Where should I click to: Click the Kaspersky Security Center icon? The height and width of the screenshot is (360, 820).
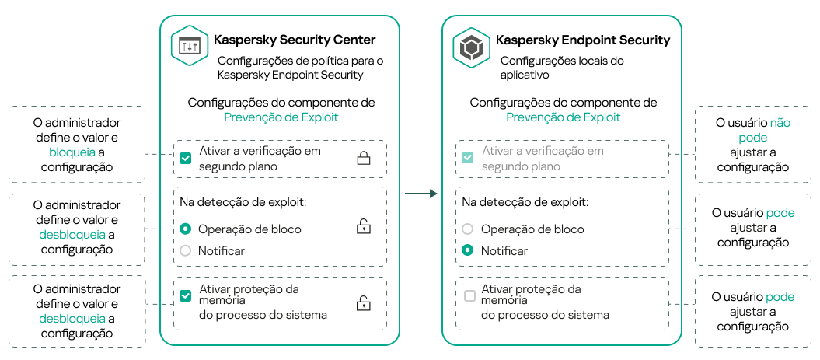coord(190,47)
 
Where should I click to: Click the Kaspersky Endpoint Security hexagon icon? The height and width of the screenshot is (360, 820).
coord(472,48)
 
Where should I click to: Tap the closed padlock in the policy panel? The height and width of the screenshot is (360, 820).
coord(363,159)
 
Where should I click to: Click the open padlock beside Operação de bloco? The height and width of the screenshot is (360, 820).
coord(363,227)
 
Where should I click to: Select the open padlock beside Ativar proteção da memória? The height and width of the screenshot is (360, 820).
coord(363,303)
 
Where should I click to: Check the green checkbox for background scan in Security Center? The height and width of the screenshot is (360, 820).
coord(185,158)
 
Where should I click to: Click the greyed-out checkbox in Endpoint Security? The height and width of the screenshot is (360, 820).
coord(468,158)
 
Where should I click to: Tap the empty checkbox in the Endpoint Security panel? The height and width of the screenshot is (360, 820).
coord(469,296)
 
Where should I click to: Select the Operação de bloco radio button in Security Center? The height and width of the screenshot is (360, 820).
coord(185,229)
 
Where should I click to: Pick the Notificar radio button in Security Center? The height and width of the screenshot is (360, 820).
coord(185,251)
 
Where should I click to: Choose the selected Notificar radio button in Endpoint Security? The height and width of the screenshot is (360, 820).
coord(468,251)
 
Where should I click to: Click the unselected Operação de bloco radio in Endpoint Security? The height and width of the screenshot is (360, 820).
coord(468,229)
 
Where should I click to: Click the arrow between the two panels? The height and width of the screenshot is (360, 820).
coord(422,193)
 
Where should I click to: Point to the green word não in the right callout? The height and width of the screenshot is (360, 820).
coord(780,123)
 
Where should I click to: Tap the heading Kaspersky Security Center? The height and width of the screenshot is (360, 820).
coord(295,40)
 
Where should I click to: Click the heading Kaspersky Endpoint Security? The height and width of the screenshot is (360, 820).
coord(583,40)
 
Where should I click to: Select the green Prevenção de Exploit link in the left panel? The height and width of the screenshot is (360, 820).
coord(281,117)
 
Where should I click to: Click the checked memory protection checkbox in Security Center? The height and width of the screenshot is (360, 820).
coord(185,296)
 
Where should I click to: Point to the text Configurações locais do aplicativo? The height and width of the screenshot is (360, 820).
coord(562,68)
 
